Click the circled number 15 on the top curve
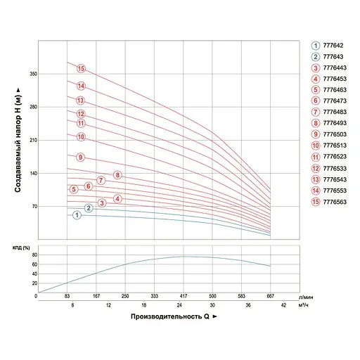click(81, 69)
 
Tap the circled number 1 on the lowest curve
click(77, 215)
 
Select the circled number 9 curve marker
click(80, 157)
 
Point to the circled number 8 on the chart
click(117, 175)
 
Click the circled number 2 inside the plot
click(89, 207)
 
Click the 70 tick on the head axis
click(32, 207)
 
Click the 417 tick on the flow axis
click(183, 297)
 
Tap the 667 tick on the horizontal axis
click(271, 297)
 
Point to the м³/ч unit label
click(302, 306)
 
